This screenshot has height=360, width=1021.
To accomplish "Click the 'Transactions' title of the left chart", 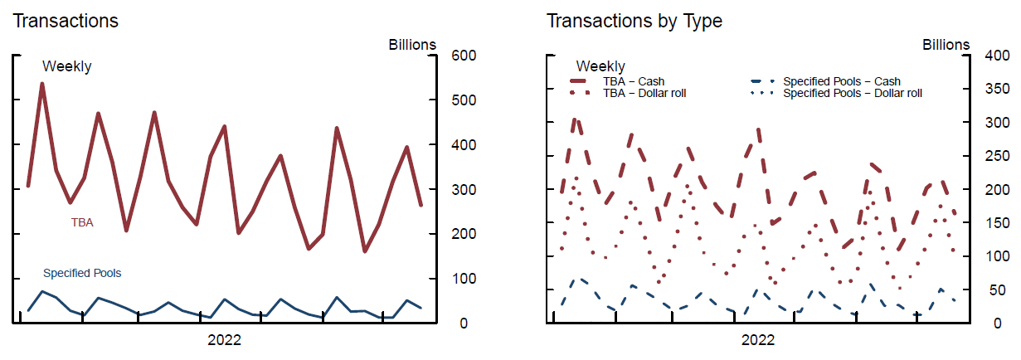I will [x=66, y=21].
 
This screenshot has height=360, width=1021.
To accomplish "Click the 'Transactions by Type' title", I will [x=634, y=21].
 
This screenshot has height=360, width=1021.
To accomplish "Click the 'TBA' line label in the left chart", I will [x=82, y=222].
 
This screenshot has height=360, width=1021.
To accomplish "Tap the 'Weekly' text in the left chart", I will [x=67, y=67].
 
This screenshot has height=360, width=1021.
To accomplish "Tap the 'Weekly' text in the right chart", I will [x=600, y=66].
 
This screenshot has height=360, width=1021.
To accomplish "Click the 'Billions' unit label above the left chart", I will [x=412, y=45].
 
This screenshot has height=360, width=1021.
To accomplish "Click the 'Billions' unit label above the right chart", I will [x=946, y=45].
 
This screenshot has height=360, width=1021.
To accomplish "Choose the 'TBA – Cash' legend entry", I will [x=634, y=81].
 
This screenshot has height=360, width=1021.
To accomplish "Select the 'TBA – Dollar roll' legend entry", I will [x=644, y=93].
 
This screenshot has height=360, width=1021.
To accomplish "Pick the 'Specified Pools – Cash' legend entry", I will [x=842, y=81].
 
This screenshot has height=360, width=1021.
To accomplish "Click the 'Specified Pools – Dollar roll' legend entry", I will [x=853, y=93].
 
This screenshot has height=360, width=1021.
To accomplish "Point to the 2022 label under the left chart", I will [x=224, y=339].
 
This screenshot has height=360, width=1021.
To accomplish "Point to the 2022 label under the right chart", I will [x=757, y=339].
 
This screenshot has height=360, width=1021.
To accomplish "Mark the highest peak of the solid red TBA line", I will [x=42, y=84].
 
